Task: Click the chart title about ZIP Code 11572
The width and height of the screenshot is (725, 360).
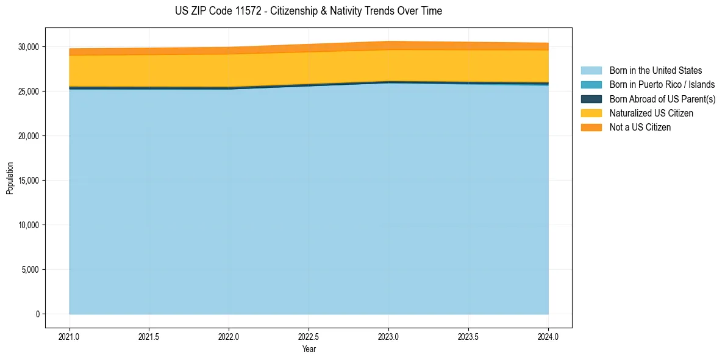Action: (308, 11)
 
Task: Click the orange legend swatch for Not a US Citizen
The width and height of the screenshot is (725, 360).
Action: (591, 128)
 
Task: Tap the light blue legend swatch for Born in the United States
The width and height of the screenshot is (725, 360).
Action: (591, 71)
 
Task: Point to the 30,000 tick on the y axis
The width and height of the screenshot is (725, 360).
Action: (28, 47)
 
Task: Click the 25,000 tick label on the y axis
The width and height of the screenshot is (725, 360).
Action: (28, 92)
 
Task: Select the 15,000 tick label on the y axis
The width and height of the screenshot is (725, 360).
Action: (28, 181)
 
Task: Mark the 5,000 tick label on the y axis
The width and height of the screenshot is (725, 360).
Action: (30, 270)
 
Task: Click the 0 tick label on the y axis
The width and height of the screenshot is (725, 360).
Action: (37, 314)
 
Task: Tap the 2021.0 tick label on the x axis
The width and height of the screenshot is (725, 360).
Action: (70, 336)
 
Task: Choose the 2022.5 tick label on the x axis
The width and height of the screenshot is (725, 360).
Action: (309, 336)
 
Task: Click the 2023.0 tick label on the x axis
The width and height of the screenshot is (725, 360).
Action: (388, 336)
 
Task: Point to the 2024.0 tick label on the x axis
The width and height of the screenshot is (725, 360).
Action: (548, 336)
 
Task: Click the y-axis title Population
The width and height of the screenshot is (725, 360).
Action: (10, 178)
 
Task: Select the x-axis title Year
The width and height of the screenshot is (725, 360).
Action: (309, 349)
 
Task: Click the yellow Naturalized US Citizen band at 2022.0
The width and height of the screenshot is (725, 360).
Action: (229, 70)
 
